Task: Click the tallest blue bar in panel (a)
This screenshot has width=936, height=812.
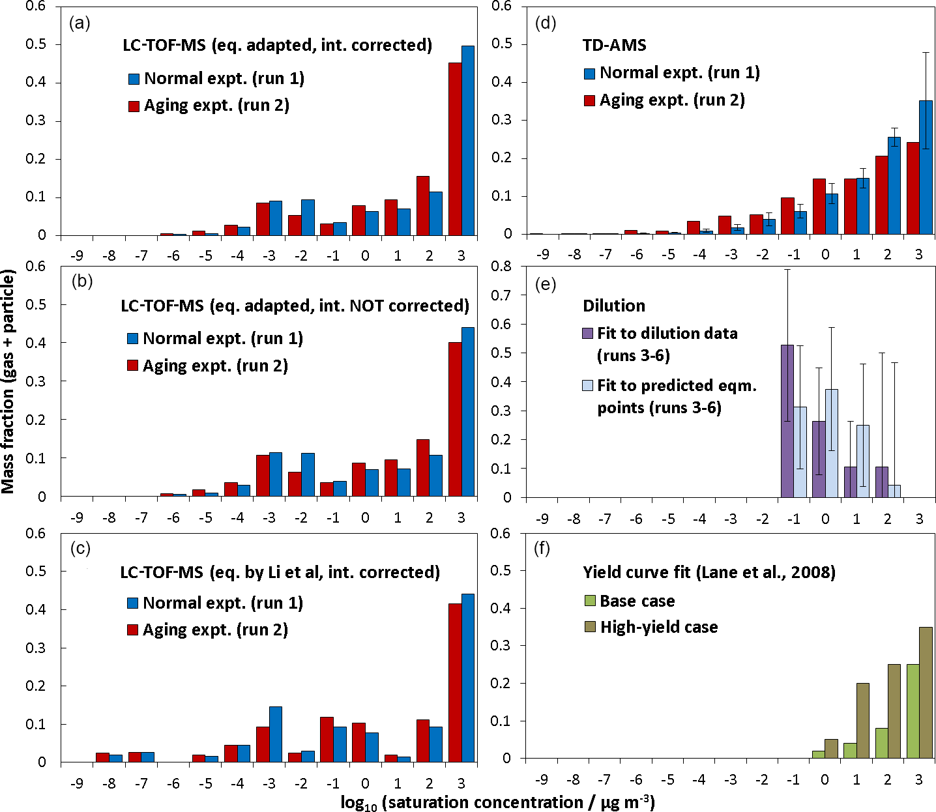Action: [468, 140]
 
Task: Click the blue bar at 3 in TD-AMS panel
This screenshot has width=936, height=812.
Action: [926, 167]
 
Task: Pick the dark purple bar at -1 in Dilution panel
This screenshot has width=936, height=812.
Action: [787, 421]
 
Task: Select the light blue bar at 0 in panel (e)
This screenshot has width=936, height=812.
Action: [832, 443]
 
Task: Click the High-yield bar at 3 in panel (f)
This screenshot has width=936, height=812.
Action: [926, 693]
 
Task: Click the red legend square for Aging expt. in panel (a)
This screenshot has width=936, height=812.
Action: [134, 106]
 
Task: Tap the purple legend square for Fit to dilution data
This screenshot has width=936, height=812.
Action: [587, 334]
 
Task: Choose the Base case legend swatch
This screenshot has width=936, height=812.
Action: [590, 601]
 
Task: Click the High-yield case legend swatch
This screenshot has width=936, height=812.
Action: [590, 628]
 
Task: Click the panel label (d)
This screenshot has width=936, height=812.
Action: [545, 24]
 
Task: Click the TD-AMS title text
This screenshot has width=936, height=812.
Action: [614, 45]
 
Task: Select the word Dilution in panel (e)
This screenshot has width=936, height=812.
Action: [614, 306]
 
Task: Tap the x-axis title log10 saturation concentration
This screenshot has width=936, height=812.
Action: [497, 802]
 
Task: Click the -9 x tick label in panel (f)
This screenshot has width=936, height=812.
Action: [542, 780]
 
